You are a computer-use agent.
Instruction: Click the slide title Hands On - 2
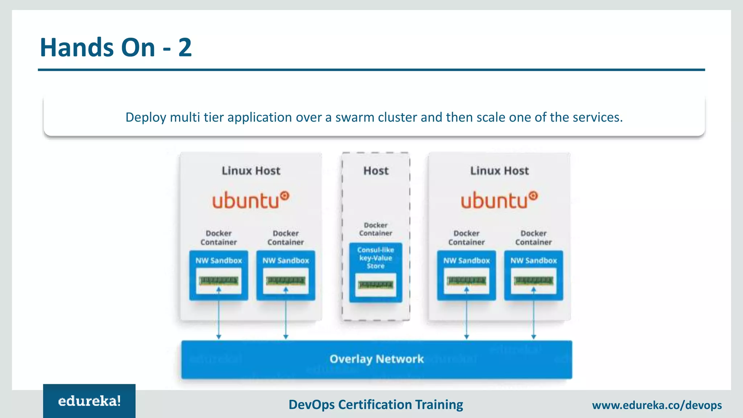[x=115, y=48]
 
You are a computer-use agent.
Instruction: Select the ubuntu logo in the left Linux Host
[x=250, y=200]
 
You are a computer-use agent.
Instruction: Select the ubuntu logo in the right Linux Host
[x=499, y=200]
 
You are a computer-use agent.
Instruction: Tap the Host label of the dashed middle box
[x=376, y=171]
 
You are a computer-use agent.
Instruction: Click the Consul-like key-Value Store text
[x=375, y=258]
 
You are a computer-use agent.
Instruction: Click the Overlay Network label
[x=377, y=359]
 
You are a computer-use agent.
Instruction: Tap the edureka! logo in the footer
[x=89, y=401]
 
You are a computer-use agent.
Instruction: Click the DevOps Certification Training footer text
[x=375, y=405]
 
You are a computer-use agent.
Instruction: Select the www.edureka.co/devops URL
[x=657, y=405]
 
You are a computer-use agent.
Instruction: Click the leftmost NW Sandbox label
[x=218, y=261]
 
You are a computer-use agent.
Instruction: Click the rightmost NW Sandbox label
[x=533, y=261]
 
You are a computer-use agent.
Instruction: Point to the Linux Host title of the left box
[x=251, y=171]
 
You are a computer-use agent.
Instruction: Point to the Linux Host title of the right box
[x=500, y=171]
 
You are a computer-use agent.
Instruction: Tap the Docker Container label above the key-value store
[x=375, y=229]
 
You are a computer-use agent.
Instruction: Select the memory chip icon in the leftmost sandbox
[x=218, y=280]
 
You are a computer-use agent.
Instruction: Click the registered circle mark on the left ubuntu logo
[x=285, y=196]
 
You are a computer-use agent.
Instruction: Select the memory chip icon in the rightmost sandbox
[x=533, y=280]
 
